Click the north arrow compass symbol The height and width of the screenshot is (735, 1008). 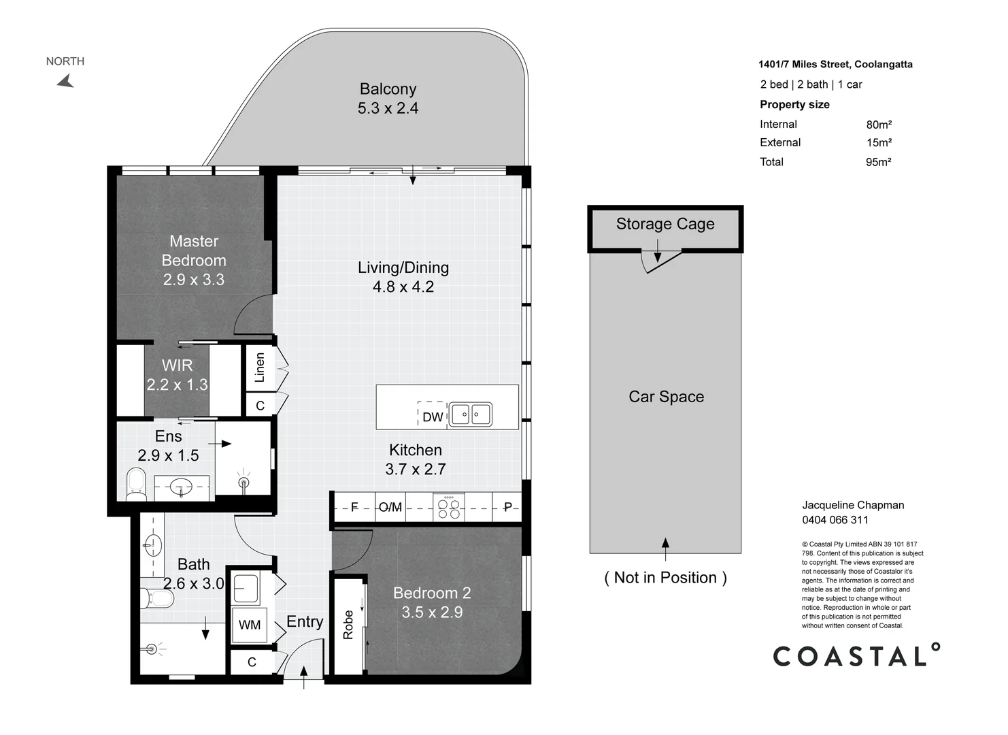(66, 81)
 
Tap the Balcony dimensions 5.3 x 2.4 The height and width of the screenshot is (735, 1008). (388, 108)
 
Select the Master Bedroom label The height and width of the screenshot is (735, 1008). (194, 251)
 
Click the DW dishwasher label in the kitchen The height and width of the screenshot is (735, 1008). (433, 417)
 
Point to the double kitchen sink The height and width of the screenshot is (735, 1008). (470, 414)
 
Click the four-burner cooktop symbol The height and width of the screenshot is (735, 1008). (449, 508)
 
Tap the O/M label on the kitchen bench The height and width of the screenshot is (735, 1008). (390, 508)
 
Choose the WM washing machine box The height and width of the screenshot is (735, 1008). (250, 625)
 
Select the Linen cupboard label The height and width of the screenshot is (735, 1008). (260, 367)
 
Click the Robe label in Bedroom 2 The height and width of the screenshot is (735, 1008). (348, 625)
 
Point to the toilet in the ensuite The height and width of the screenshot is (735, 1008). (135, 485)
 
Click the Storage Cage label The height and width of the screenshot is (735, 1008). (665, 224)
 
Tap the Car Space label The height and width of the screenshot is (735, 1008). (666, 397)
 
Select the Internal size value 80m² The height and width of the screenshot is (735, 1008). (879, 125)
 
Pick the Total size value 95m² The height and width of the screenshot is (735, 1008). (878, 162)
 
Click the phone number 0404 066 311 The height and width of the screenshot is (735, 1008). (835, 520)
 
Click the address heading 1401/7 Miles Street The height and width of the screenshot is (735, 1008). (804, 65)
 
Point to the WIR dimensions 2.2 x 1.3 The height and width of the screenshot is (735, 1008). (178, 385)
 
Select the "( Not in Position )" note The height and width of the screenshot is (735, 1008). (666, 578)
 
